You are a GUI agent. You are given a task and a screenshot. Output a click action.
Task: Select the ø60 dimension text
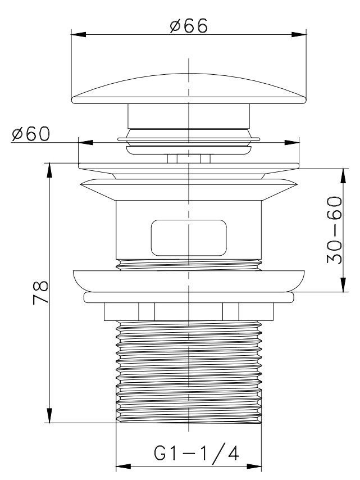pyautogui.click(x=30, y=134)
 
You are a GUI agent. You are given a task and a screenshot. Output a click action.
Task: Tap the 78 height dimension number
pyautogui.click(x=40, y=292)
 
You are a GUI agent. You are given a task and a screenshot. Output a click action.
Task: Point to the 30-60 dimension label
pyautogui.click(x=334, y=230)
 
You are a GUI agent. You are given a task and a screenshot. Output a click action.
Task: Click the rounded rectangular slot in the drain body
pyautogui.click(x=189, y=238)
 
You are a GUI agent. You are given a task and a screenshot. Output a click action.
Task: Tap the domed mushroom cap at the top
pyautogui.click(x=189, y=88)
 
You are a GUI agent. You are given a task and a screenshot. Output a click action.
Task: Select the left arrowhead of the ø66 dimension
pyautogui.click(x=79, y=34)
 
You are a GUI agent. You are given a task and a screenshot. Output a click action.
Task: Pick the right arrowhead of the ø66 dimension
pyautogui.click(x=299, y=34)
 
